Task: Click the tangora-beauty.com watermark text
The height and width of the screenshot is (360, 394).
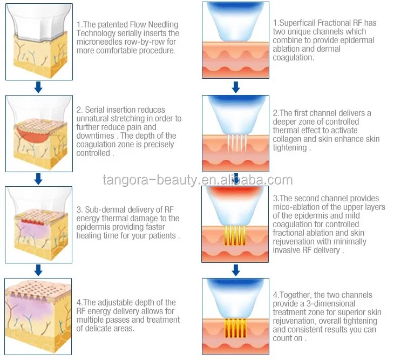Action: [x=198, y=180]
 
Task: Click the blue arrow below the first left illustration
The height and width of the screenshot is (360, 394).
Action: [x=38, y=86]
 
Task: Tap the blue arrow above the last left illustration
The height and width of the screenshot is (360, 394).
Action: [x=38, y=269]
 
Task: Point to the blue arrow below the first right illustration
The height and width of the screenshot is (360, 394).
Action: [x=236, y=86]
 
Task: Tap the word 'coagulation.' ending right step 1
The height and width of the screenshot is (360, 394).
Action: [x=294, y=58]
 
